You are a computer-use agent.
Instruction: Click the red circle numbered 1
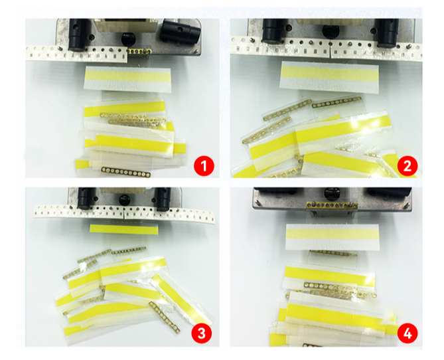[x=204, y=166]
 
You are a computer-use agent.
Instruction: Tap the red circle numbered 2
[x=407, y=165]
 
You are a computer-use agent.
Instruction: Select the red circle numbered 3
[x=201, y=333]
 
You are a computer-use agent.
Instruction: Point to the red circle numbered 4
[x=407, y=333]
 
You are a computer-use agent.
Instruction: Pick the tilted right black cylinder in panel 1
[x=180, y=31]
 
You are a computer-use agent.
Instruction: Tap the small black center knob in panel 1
[x=128, y=39]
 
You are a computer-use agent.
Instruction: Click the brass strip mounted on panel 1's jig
[x=140, y=51]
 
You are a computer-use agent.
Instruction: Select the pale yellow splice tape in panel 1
[x=127, y=79]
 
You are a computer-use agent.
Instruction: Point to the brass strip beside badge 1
[x=126, y=172]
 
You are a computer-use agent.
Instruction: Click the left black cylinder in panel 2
[x=272, y=31]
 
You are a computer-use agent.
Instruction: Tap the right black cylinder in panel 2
[x=388, y=33]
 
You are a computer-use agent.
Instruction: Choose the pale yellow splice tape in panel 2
[x=329, y=76]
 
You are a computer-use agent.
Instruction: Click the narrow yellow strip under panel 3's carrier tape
[x=123, y=228]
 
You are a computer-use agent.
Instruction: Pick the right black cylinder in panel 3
[x=164, y=199]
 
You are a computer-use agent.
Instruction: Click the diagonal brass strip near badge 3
[x=165, y=317]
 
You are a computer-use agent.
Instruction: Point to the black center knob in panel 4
[x=331, y=193]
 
